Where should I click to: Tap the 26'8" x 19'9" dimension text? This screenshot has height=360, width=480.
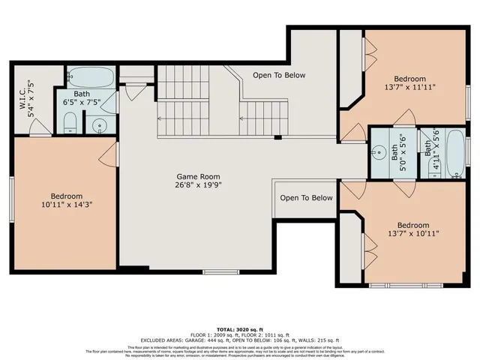[198, 185]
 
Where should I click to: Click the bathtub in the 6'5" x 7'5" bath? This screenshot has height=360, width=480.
[91, 76]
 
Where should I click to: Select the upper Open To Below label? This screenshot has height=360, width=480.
[279, 75]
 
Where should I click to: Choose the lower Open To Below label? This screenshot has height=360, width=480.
[306, 198]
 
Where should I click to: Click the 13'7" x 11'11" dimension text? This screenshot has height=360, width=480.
[409, 87]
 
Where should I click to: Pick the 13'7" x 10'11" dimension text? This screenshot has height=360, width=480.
[412, 234]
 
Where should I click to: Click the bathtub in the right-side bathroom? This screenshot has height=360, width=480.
[454, 154]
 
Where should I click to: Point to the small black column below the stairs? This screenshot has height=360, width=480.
[278, 137]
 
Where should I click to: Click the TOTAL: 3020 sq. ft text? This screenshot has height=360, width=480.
[240, 330]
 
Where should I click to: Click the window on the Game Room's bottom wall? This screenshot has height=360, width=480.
[216, 271]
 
